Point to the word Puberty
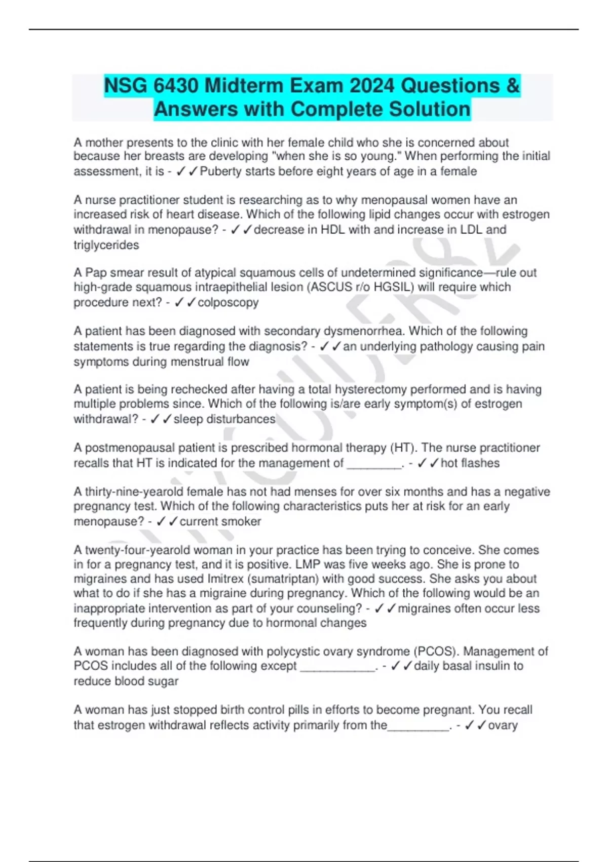tap(220, 171)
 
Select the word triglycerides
tap(106, 245)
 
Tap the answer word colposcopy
tap(228, 303)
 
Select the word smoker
tap(239, 521)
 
